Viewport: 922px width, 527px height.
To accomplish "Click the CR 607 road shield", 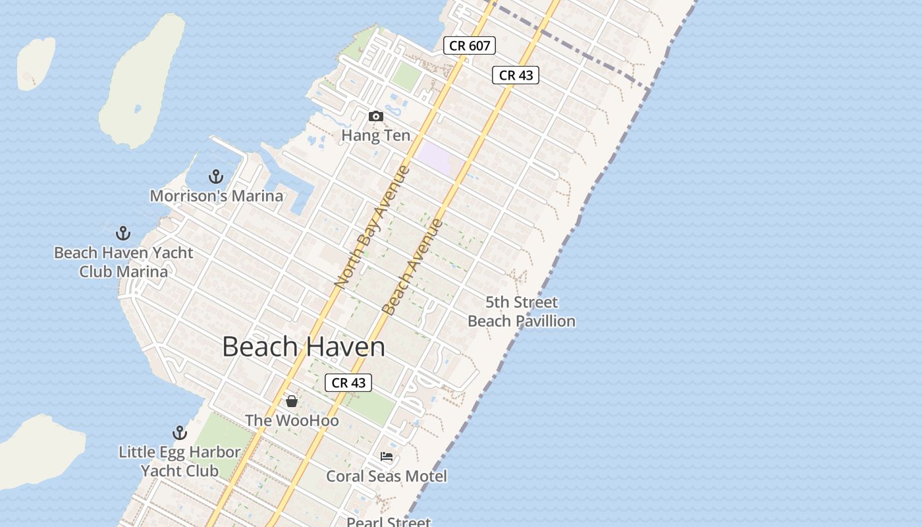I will [469, 45].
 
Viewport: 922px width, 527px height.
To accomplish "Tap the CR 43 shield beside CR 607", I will [516, 75].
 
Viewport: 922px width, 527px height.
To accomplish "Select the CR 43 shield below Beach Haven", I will [348, 383].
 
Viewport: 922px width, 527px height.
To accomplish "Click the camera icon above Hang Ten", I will [376, 117].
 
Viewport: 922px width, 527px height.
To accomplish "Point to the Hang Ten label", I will [375, 136].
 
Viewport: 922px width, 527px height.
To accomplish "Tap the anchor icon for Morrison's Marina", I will [215, 177].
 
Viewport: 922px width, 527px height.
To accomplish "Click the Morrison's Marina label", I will [217, 196].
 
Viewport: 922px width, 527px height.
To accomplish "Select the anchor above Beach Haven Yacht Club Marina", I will [123, 233].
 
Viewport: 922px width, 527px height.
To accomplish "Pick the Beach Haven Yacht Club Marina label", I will [124, 262].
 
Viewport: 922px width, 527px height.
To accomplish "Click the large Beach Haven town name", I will [303, 347].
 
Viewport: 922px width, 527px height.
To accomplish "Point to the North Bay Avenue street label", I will [372, 227].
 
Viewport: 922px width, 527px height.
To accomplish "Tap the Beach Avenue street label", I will [412, 267].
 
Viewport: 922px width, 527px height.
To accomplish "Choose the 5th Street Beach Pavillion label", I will [522, 312].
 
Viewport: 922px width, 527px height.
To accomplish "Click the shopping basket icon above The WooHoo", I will [292, 401].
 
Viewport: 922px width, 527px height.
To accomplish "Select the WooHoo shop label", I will [292, 420].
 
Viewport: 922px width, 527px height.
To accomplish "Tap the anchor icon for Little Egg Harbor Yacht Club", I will [180, 433].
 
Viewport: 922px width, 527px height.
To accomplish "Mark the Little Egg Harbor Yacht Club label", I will [179, 461].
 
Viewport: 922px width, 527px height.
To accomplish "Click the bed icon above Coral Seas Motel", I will [387, 456].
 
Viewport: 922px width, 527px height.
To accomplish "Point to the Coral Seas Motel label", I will [387, 476].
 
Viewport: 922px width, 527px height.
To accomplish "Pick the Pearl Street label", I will [389, 522].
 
